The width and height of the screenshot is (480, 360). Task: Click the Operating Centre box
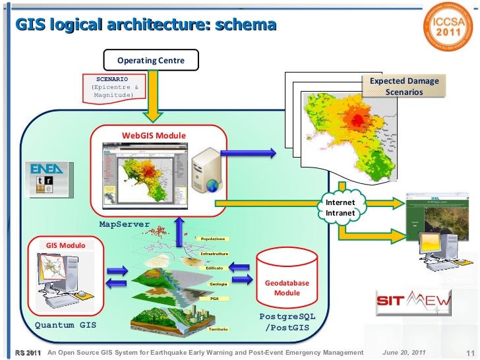[x=151, y=61]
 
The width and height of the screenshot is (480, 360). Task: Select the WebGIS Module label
[x=154, y=136]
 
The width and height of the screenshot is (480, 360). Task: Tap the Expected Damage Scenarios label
[x=404, y=86]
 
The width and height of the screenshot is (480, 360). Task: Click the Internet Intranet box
[x=340, y=208]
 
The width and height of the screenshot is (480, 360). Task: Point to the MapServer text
[x=125, y=224]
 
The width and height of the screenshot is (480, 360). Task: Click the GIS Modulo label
[x=65, y=245]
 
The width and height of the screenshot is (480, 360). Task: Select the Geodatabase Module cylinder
[x=286, y=277]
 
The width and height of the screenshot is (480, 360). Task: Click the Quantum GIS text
[x=65, y=325]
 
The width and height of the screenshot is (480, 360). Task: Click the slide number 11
[x=470, y=353]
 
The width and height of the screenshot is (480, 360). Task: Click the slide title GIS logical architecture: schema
[x=146, y=25]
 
